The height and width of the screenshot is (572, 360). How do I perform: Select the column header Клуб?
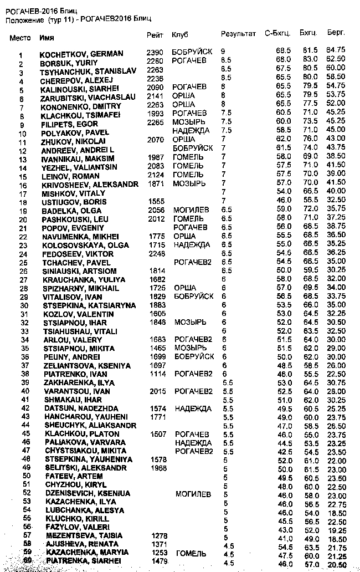[180, 34]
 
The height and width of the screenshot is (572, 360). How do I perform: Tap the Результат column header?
[238, 34]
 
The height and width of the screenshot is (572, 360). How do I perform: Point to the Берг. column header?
[336, 34]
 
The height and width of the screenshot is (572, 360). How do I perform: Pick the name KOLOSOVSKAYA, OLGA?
[79, 245]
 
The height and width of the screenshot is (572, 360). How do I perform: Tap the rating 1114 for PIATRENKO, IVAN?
[158, 374]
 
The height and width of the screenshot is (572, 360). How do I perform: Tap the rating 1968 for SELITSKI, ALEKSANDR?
[158, 468]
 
